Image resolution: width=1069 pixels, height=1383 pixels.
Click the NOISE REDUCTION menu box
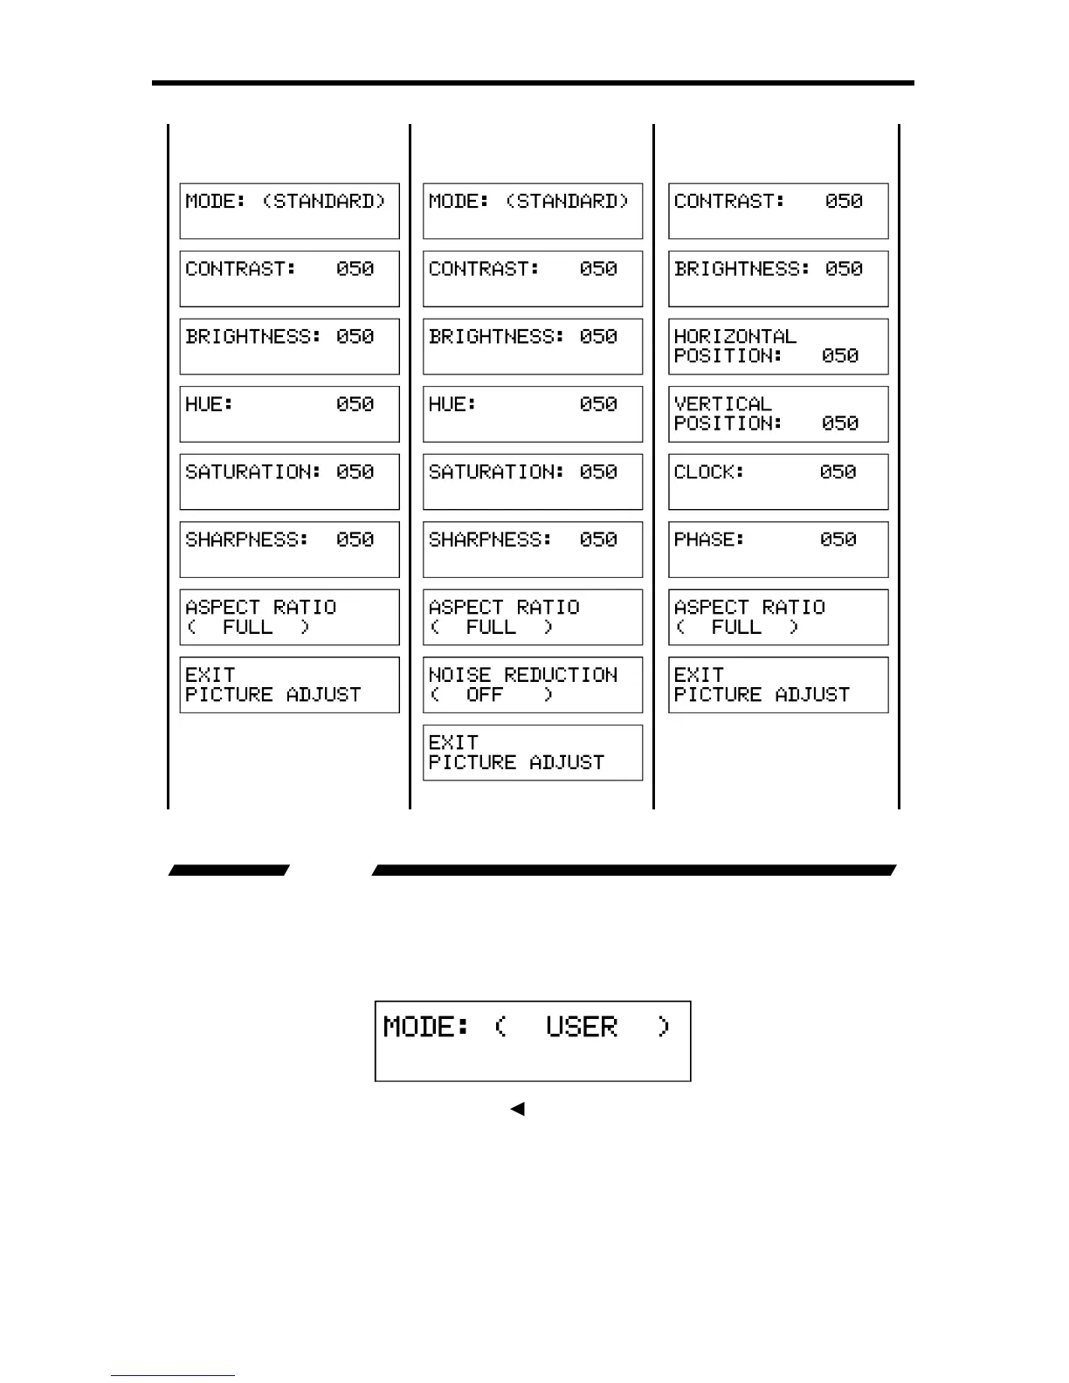pyautogui.click(x=533, y=685)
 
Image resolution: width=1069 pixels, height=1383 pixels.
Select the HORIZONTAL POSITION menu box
pyautogui.click(x=778, y=347)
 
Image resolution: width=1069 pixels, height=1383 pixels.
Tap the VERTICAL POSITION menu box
pyautogui.click(x=778, y=414)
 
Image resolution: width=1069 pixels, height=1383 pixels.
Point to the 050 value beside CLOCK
pyautogui.click(x=838, y=472)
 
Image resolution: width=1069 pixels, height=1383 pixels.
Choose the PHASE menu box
pyautogui.click(x=778, y=549)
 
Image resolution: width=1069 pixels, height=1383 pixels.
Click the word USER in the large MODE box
pyautogui.click(x=582, y=1027)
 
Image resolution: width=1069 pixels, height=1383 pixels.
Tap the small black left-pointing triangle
pyautogui.click(x=518, y=1109)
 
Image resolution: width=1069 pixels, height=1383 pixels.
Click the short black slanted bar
pyautogui.click(x=229, y=870)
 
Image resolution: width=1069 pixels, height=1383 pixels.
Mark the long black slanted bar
pyautogui.click(x=634, y=870)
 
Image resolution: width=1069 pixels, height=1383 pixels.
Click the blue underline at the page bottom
pyautogui.click(x=172, y=1376)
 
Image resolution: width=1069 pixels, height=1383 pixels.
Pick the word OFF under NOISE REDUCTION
pyautogui.click(x=485, y=695)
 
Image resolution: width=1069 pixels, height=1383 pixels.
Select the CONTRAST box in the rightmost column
pyautogui.click(x=778, y=210)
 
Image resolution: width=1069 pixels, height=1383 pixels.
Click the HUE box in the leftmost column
pyautogui.click(x=289, y=414)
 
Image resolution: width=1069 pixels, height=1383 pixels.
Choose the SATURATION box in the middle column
pyautogui.click(x=533, y=482)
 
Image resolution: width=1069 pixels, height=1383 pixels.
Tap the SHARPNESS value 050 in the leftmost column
pyautogui.click(x=355, y=540)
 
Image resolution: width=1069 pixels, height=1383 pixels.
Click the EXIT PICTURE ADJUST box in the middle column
pyautogui.click(x=533, y=753)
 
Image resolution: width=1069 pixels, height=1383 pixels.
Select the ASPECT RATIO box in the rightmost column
pyautogui.click(x=778, y=617)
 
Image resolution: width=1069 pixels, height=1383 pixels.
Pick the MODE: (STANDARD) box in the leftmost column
pyautogui.click(x=289, y=210)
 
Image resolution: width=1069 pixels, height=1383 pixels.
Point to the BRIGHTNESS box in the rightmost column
pyautogui.click(x=778, y=279)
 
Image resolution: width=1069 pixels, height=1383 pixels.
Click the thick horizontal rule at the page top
pyautogui.click(x=533, y=83)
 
